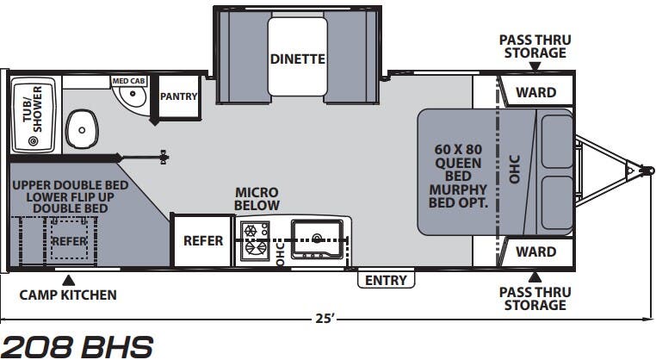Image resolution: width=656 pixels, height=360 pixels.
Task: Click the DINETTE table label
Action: (298, 59)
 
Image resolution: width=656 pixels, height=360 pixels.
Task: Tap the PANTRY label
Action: (179, 96)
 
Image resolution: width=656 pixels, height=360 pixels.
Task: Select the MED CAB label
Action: (128, 81)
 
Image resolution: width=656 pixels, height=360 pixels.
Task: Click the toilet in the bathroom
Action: (82, 129)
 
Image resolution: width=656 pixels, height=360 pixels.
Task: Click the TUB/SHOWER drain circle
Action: (33, 141)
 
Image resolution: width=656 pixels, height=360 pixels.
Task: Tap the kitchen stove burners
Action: (255, 239)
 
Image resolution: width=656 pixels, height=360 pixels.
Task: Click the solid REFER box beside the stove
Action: (203, 240)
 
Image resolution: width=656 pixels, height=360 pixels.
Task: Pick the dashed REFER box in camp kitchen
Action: (69, 239)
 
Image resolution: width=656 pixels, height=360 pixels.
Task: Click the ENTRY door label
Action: (386, 280)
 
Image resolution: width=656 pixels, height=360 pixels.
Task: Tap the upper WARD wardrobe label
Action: (536, 92)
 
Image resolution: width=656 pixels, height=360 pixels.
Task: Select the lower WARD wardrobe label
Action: (536, 251)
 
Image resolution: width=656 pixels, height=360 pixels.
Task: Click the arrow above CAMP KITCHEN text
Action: (70, 280)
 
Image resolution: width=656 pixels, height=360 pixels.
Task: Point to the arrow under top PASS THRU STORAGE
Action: (535, 66)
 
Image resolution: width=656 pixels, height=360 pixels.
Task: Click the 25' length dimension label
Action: (325, 319)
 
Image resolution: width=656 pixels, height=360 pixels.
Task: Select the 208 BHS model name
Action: (77, 346)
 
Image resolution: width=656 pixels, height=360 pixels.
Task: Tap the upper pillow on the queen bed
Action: (557, 141)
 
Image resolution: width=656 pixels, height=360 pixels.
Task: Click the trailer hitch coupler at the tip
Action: (648, 171)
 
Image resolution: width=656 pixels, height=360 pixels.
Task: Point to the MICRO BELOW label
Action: (257, 199)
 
